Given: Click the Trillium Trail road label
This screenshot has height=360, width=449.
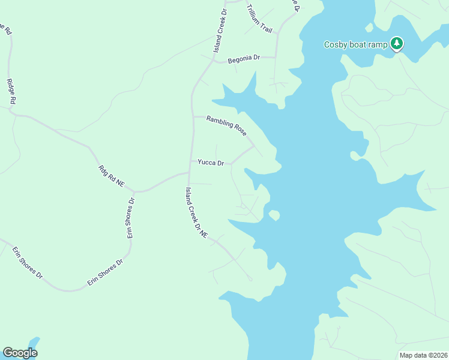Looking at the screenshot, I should tap(259, 19).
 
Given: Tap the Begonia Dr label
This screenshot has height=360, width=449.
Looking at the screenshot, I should tap(244, 58).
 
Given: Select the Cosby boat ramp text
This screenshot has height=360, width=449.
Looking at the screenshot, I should tap(356, 44).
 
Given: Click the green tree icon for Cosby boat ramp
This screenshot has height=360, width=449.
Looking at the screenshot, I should tap(396, 43).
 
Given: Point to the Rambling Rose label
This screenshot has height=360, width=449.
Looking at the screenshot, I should tap(226, 125).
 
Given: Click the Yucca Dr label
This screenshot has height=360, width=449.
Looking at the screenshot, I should tap(211, 163).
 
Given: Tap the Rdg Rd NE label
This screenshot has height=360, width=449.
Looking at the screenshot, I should tap(111, 178).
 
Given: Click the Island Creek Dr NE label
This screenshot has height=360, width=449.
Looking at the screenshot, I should tap(196, 213).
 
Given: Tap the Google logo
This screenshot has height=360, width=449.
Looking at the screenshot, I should tap(20, 353).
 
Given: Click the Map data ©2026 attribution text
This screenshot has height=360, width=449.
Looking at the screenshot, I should tap(423, 355).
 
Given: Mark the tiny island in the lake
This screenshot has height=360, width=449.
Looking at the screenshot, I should tap(274, 214).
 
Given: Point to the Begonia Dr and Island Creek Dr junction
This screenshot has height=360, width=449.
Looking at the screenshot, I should tap(213, 61).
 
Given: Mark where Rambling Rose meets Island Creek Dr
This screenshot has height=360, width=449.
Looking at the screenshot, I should tap(192, 116).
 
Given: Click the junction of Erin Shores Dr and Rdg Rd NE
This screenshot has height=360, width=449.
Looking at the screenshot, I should tap(134, 191).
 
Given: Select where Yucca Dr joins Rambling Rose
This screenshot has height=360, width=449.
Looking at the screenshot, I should tap(254, 146).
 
